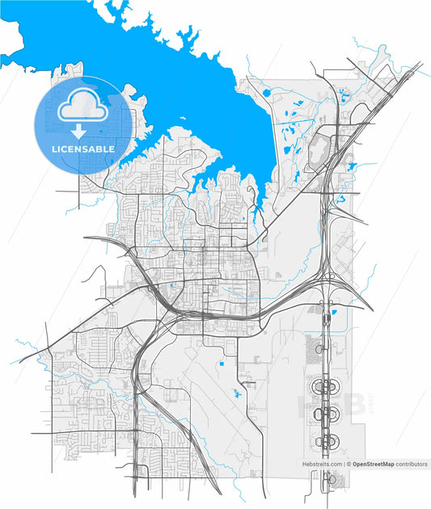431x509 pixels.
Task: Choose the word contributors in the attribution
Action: [x=411, y=465]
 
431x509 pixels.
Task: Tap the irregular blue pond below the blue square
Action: [x=236, y=394]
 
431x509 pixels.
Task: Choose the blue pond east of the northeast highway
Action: [x=352, y=166]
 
